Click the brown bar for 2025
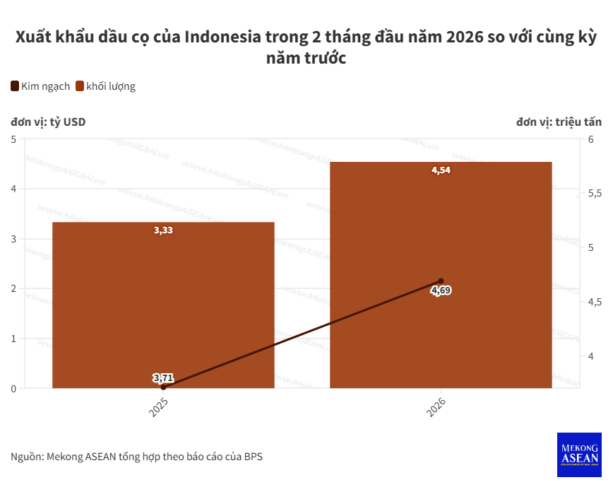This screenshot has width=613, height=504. pyautogui.click(x=163, y=305)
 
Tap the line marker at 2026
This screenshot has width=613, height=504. pyautogui.click(x=441, y=281)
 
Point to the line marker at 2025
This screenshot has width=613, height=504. pyautogui.click(x=163, y=387)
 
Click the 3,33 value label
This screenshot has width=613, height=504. pyautogui.click(x=163, y=230)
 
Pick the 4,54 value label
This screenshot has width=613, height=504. pyautogui.click(x=441, y=170)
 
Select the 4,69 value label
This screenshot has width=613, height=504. pyautogui.click(x=441, y=291)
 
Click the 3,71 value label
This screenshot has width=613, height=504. pyautogui.click(x=163, y=377)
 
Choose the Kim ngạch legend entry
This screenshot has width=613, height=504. pyautogui.click(x=40, y=86)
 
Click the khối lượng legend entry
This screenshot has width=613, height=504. pyautogui.click(x=105, y=86)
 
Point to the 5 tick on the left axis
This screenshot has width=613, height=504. pyautogui.click(x=13, y=139)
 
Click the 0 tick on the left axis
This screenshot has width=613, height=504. pyautogui.click(x=13, y=388)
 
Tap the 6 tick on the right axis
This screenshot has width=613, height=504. pyautogui.click(x=591, y=139)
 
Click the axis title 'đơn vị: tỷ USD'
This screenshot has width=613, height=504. pyautogui.click(x=48, y=122)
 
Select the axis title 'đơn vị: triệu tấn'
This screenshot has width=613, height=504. pyautogui.click(x=559, y=122)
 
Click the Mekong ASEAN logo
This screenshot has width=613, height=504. pyautogui.click(x=579, y=454)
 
